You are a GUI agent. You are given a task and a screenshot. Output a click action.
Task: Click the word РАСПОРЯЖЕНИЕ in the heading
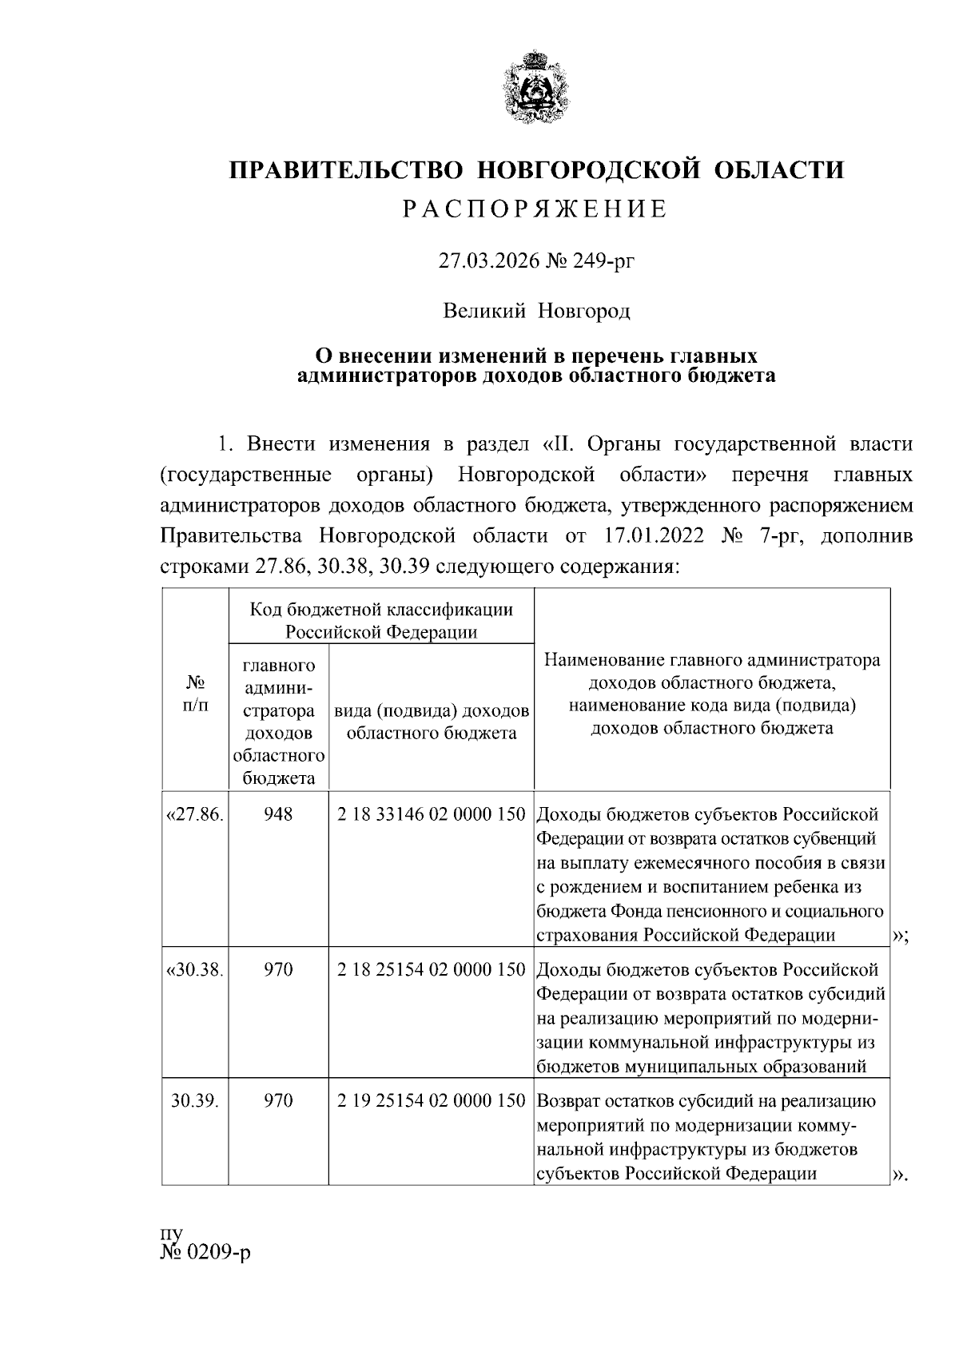tap(535, 209)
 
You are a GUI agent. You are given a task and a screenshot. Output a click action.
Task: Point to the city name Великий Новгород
tap(537, 310)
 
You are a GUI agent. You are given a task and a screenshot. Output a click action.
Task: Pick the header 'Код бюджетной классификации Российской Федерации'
tap(381, 621)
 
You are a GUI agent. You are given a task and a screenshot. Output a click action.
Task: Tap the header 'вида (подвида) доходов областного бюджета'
tap(432, 722)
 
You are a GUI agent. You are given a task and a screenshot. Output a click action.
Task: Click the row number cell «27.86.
tap(195, 814)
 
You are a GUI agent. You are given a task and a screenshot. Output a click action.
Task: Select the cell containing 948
tap(278, 814)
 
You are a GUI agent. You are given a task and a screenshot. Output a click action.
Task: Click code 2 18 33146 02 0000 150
tap(432, 814)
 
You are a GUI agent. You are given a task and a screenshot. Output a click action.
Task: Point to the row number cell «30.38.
tap(195, 969)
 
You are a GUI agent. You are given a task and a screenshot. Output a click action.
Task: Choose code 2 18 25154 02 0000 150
tap(432, 969)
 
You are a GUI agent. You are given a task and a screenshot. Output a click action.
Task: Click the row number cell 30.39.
tap(195, 1100)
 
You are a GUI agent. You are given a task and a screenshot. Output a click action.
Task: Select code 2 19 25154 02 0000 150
tap(432, 1100)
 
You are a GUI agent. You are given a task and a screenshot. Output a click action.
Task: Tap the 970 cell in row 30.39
tap(278, 1100)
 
